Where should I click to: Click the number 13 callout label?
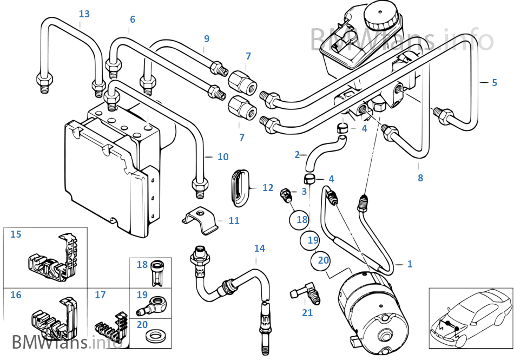pos(84,14)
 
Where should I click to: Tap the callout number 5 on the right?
pos(494,83)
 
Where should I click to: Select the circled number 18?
pos(301,220)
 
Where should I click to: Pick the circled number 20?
pos(323,260)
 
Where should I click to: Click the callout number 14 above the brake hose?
pos(260,248)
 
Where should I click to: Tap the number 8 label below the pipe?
pos(420,178)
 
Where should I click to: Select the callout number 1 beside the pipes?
pos(410,264)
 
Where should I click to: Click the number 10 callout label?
pos(223,157)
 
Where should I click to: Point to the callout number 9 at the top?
pos(206,39)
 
